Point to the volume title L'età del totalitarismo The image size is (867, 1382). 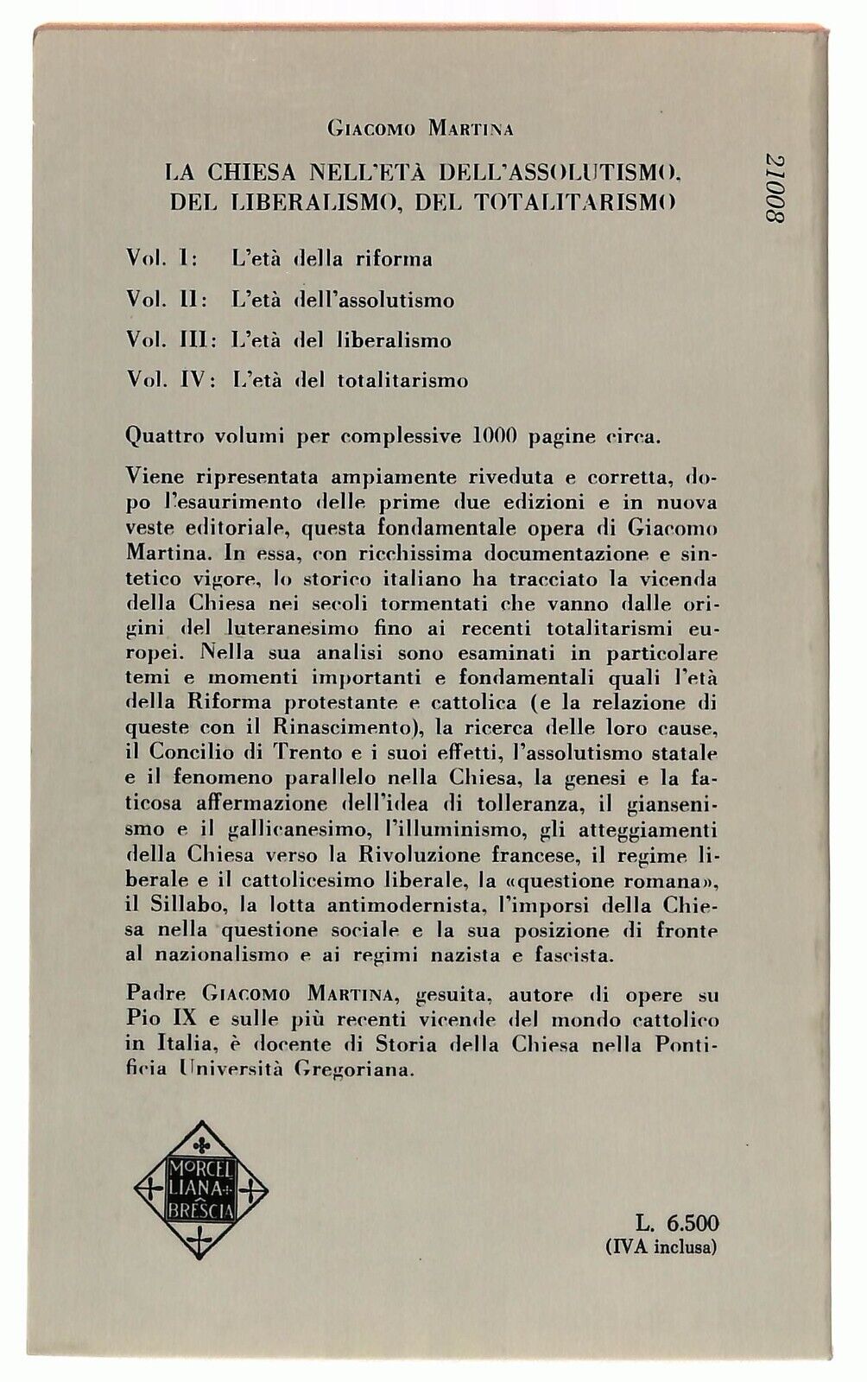pos(350,380)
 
